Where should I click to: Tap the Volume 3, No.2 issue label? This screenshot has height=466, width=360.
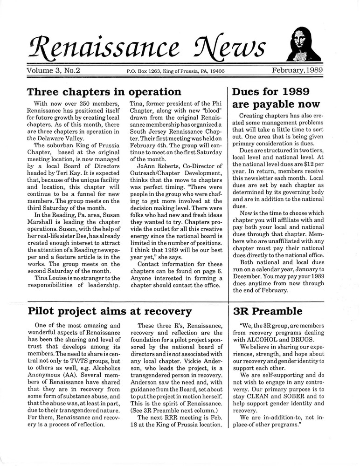click(54, 71)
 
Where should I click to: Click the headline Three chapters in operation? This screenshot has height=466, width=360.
click(104, 92)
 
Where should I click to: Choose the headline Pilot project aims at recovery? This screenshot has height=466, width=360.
click(110, 311)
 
